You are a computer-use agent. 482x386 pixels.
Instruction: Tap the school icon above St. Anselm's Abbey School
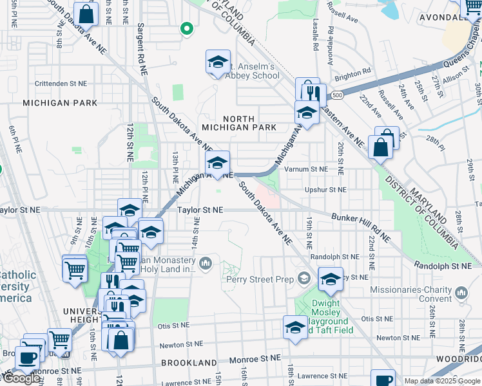[x=218, y=62]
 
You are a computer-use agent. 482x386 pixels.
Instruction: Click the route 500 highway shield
[x=336, y=96]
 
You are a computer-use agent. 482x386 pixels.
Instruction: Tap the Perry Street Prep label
[x=260, y=279]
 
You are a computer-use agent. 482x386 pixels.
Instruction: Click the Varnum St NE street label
[x=307, y=169]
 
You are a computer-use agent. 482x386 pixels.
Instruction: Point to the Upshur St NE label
[x=326, y=190]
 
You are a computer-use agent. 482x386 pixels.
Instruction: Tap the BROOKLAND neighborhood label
[x=189, y=363]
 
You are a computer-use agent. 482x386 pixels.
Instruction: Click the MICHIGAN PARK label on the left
[x=60, y=103]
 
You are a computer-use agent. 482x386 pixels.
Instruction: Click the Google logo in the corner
[x=21, y=378]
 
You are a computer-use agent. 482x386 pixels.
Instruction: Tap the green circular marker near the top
[x=187, y=28]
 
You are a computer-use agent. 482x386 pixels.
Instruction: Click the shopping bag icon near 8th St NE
[x=85, y=14]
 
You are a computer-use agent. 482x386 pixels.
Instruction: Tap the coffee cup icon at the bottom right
[x=382, y=380]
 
